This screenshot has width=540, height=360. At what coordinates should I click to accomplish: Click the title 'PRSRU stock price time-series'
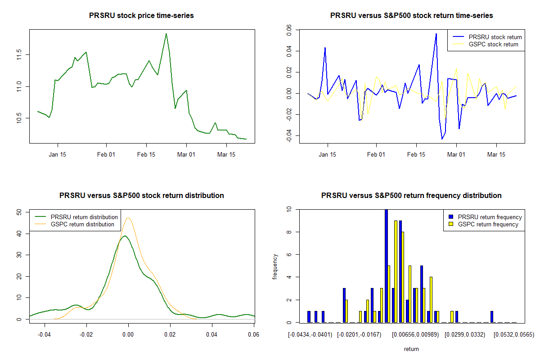pyautogui.click(x=142, y=16)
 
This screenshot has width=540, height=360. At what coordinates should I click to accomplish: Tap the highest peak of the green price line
pyautogui.click(x=166, y=34)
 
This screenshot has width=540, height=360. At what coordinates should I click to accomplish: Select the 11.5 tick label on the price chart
pyautogui.click(x=19, y=55)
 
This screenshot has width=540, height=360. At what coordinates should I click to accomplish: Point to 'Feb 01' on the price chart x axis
pyautogui.click(x=106, y=154)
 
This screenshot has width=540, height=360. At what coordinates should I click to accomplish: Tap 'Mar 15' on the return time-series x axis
pyautogui.click(x=496, y=154)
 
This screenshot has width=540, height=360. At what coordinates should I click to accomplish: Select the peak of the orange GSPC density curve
pyautogui.click(x=129, y=218)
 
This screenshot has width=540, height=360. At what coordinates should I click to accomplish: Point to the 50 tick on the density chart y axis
pyautogui.click(x=19, y=212)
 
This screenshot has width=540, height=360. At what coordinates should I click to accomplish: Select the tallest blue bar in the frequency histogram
pyautogui.click(x=386, y=265)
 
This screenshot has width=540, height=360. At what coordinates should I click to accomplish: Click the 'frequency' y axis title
pyautogui.click(x=275, y=266)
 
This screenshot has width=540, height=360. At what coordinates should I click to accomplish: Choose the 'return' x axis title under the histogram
pyautogui.click(x=411, y=349)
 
